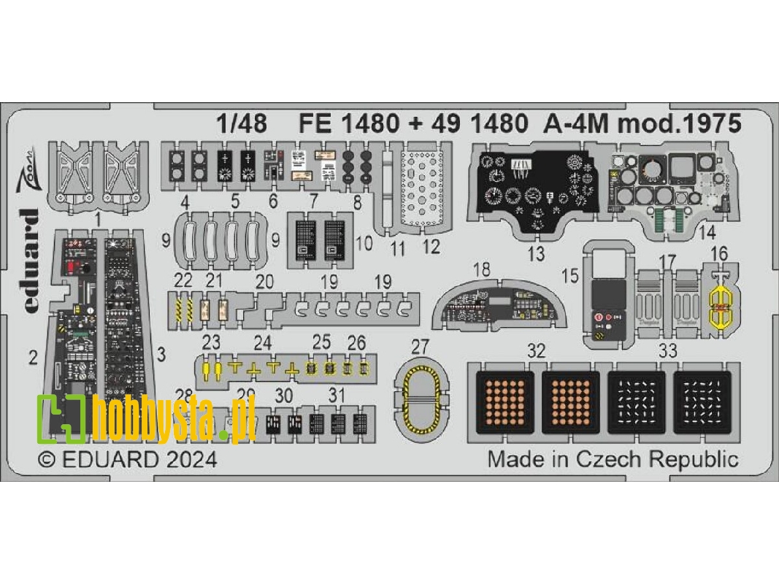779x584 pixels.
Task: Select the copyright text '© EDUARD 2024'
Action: click(127, 460)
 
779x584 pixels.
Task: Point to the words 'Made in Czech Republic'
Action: click(613, 459)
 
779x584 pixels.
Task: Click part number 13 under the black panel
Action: click(536, 254)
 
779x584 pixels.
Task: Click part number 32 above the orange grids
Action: click(537, 352)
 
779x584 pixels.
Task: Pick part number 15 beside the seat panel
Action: click(570, 277)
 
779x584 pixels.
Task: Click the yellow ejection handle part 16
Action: click(720, 307)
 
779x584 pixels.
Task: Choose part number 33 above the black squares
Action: click(669, 352)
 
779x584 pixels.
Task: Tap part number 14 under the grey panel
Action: click(706, 234)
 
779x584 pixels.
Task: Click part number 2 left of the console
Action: click(33, 357)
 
